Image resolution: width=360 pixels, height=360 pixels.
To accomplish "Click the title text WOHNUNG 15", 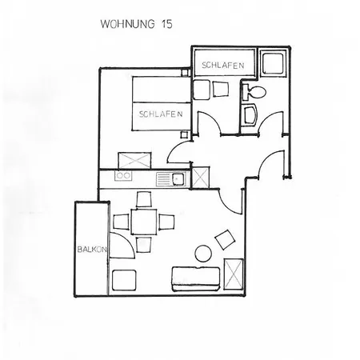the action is (136, 24).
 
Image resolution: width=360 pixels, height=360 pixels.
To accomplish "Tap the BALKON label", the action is (92, 250).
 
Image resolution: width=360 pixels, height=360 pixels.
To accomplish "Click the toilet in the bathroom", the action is (254, 92).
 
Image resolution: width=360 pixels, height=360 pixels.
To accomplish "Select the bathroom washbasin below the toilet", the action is (250, 115).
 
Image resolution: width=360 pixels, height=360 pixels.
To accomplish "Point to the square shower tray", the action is (273, 63).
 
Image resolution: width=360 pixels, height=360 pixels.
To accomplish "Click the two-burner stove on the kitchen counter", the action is (123, 175).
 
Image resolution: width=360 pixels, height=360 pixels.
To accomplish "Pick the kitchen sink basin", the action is (177, 178).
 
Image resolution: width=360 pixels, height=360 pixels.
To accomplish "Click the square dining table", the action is (144, 222).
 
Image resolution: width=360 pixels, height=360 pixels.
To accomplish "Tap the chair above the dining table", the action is (144, 199).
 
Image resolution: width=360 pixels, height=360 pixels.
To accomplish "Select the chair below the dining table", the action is (144, 244).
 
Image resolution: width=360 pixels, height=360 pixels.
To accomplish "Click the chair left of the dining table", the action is (122, 222).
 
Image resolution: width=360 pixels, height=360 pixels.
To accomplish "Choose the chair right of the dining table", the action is (166, 222).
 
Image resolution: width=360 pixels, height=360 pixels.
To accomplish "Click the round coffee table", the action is (204, 254).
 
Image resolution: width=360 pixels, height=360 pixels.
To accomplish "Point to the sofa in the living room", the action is (196, 278).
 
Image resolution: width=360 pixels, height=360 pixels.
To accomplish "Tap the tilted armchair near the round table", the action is (225, 239).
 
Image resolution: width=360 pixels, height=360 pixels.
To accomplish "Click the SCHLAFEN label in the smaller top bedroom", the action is (223, 66).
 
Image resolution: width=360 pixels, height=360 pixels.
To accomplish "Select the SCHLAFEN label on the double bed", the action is (161, 114).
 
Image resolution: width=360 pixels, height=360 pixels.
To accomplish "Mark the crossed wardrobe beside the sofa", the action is (234, 274).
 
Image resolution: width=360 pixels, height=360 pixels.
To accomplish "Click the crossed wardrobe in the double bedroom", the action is (134, 161).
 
